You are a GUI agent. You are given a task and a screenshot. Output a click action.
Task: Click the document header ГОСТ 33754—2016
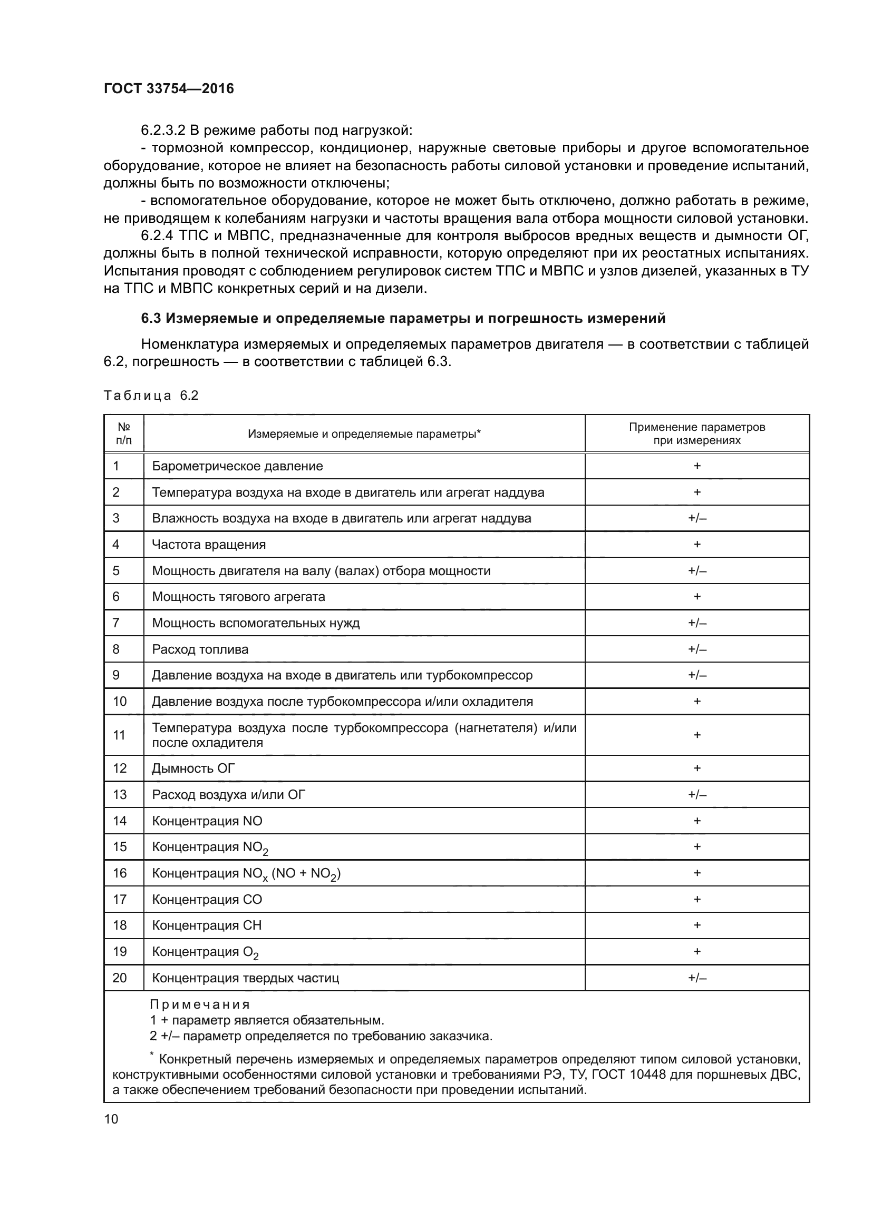click(x=169, y=88)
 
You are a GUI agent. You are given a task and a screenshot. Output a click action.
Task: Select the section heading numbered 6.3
click(x=403, y=318)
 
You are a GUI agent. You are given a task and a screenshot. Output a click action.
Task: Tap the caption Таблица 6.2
click(x=151, y=396)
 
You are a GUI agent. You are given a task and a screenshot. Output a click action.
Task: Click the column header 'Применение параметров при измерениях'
click(x=696, y=433)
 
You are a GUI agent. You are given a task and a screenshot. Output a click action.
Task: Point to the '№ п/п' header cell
click(x=124, y=433)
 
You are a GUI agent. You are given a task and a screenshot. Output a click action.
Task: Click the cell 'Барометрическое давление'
click(x=237, y=466)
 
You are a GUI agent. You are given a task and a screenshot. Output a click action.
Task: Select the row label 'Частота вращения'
click(x=209, y=545)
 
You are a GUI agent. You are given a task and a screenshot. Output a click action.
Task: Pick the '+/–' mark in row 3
click(x=697, y=518)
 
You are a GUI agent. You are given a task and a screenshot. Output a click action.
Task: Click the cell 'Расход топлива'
click(x=200, y=649)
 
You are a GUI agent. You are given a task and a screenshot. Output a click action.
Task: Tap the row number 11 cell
click(x=120, y=735)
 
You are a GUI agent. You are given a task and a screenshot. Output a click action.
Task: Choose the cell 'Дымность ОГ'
click(x=193, y=768)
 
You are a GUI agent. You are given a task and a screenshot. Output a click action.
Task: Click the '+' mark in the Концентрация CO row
click(x=697, y=899)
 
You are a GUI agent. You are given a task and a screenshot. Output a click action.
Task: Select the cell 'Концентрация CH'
click(x=207, y=925)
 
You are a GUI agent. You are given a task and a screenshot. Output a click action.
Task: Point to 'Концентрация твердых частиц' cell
click(x=245, y=978)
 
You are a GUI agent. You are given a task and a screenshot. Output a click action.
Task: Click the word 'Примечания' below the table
click(x=200, y=1004)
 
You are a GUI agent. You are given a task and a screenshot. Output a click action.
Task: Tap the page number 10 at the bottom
click(x=111, y=1119)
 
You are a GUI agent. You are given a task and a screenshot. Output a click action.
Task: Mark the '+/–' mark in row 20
click(x=697, y=978)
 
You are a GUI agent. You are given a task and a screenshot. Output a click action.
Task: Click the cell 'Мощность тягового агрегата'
click(x=238, y=597)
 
